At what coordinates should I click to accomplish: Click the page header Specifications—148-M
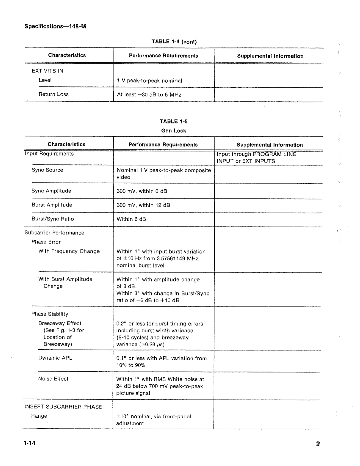(x=55, y=27)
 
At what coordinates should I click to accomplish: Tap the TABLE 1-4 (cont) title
(x=174, y=42)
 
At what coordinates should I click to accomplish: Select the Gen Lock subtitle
(x=174, y=131)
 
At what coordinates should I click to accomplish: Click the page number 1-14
(x=30, y=443)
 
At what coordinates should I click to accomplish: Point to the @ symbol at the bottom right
(x=318, y=444)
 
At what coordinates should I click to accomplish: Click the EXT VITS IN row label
(x=47, y=71)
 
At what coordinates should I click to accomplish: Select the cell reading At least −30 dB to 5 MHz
(x=149, y=95)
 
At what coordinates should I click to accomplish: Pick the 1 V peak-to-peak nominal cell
(x=150, y=81)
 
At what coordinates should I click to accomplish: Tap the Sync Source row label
(x=47, y=170)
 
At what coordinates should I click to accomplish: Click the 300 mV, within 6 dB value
(x=142, y=191)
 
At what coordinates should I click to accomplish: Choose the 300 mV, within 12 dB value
(x=143, y=205)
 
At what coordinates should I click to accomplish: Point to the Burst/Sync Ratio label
(x=53, y=219)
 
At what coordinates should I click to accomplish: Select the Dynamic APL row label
(x=55, y=358)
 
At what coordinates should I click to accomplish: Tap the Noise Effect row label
(x=53, y=379)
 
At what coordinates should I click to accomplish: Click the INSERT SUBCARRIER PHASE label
(x=63, y=407)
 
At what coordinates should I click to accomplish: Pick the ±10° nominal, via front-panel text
(x=154, y=417)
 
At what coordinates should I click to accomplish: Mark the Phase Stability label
(x=50, y=314)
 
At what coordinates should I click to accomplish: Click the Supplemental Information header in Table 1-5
(x=270, y=145)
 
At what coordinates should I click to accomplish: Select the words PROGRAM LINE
(x=274, y=154)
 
